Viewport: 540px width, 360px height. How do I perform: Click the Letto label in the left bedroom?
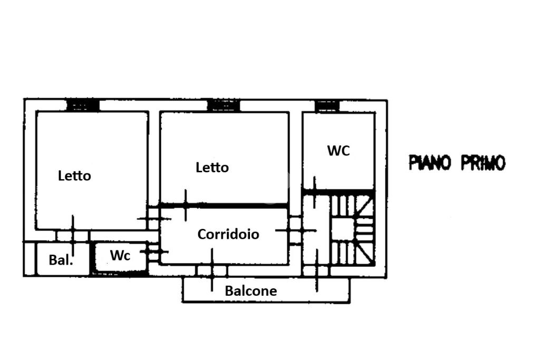click(74, 176)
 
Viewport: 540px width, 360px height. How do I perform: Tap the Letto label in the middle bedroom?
click(212, 168)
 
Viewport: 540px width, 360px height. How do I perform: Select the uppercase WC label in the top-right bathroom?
click(339, 151)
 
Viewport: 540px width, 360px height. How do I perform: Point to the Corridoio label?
click(228, 235)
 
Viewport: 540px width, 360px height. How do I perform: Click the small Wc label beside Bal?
click(120, 255)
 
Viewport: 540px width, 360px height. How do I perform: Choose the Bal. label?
click(61, 260)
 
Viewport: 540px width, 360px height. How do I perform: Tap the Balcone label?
click(250, 291)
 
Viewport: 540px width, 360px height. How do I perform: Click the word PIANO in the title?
click(430, 163)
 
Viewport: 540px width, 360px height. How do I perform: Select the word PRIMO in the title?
click(483, 163)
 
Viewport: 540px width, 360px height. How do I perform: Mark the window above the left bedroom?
click(83, 105)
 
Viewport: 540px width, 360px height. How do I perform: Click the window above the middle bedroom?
click(224, 105)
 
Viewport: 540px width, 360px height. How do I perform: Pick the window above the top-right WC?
click(327, 106)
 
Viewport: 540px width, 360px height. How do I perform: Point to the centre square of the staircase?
click(343, 230)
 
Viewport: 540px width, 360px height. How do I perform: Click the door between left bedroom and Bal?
click(73, 236)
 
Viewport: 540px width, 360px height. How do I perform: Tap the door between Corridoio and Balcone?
click(212, 270)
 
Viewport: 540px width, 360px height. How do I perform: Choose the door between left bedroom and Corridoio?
click(154, 218)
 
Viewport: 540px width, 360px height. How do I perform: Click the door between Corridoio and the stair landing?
click(295, 230)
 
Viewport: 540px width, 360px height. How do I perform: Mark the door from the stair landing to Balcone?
click(316, 271)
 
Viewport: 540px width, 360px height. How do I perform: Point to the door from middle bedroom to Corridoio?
click(186, 206)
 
